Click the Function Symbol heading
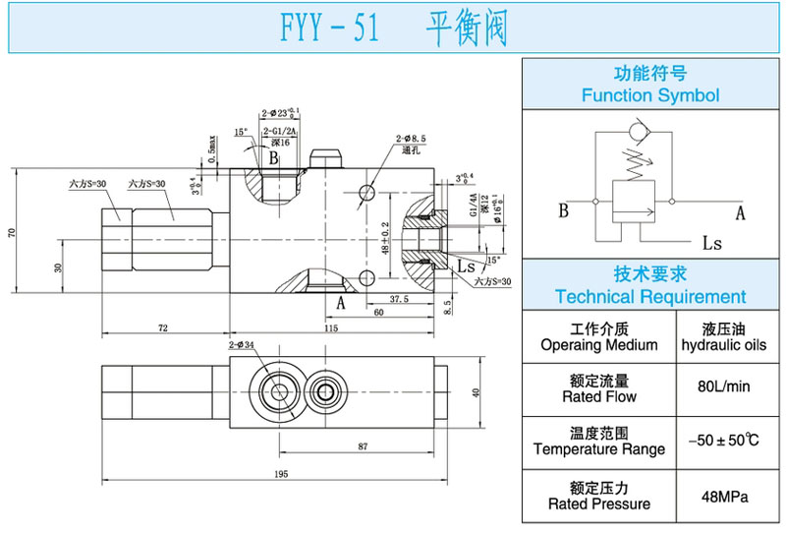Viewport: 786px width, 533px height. [x=649, y=95]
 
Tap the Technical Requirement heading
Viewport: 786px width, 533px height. [x=649, y=296]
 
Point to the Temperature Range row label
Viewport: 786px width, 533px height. [x=598, y=448]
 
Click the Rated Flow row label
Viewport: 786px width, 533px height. [x=598, y=396]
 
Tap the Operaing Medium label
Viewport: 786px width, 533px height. [x=598, y=345]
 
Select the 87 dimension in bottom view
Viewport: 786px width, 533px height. [x=364, y=447]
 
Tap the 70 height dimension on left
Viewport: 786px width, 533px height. [x=12, y=232]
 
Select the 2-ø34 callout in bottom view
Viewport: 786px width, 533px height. [x=241, y=345]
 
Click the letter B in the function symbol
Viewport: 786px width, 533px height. [x=563, y=210]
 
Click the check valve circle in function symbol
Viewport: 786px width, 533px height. [x=641, y=131]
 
